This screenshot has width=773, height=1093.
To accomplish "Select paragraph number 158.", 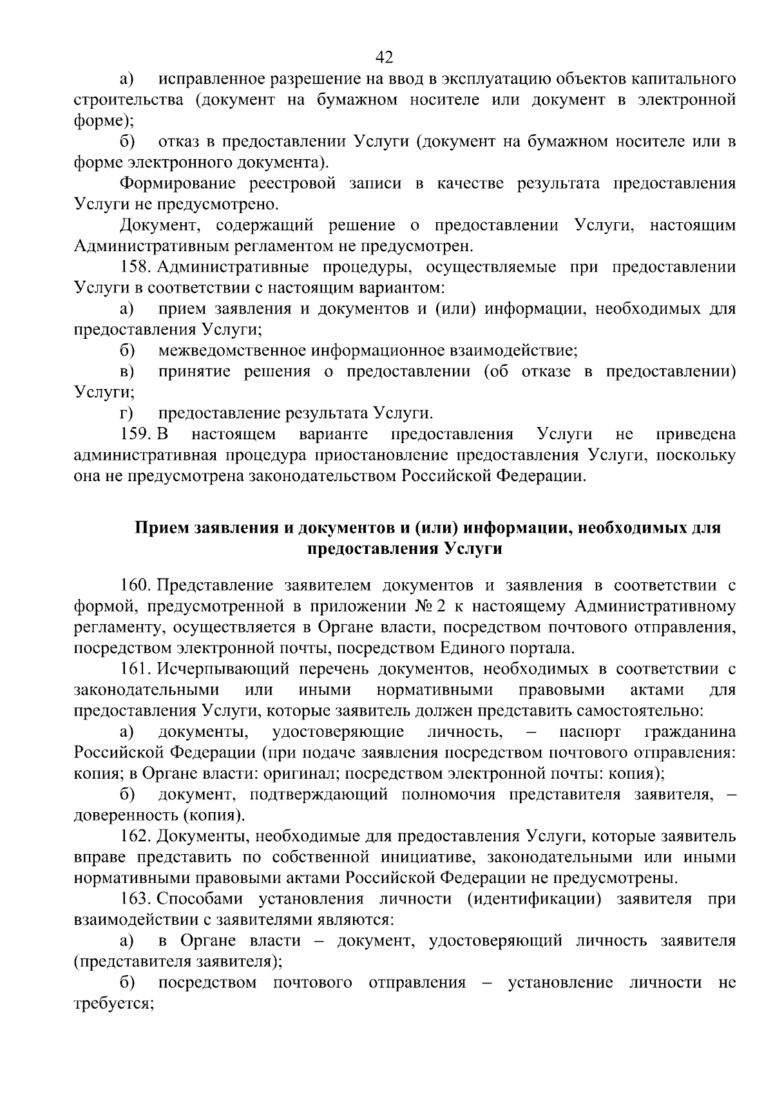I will tap(135, 267).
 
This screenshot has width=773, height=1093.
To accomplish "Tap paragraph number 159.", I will tap(135, 435).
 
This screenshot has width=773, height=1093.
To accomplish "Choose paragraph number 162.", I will tap(135, 837).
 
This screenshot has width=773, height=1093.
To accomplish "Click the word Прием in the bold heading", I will tap(161, 529).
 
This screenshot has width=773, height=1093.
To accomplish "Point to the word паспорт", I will tap(590, 732).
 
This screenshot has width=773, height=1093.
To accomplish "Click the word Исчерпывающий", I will tap(216, 669).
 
